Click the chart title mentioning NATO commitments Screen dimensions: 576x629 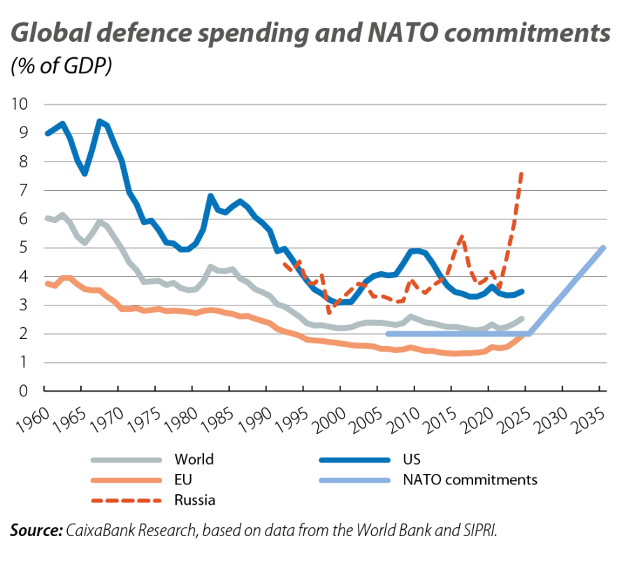coord(310,33)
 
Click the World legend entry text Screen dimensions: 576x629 coord(194,459)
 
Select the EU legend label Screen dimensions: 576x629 coord(183,480)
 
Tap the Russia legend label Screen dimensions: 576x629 coord(195,500)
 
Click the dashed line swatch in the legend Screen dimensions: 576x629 coord(125,500)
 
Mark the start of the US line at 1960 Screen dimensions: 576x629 coord(45,133)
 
